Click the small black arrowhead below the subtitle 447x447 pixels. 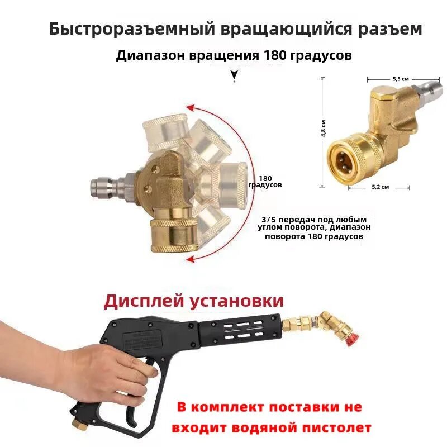(x=234, y=74)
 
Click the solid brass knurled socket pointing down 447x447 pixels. (x=173, y=235)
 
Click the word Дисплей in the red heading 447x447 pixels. (x=144, y=301)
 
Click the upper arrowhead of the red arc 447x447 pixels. (x=190, y=107)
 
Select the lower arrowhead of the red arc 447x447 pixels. (x=191, y=258)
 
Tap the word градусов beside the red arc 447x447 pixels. (x=265, y=184)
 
